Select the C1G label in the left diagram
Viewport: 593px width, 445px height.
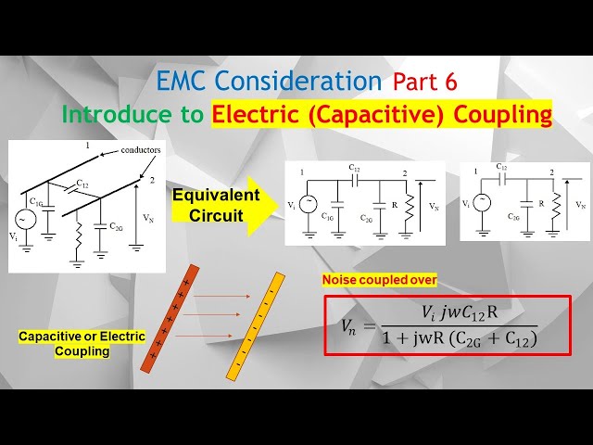(x=36, y=201)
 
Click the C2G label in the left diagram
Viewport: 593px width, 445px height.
(x=117, y=226)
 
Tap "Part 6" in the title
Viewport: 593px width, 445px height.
(x=424, y=82)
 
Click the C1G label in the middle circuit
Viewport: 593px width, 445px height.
(x=328, y=217)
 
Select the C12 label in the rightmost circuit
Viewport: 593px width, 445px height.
(x=501, y=168)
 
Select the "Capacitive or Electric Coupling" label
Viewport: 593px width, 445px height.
(x=82, y=344)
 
